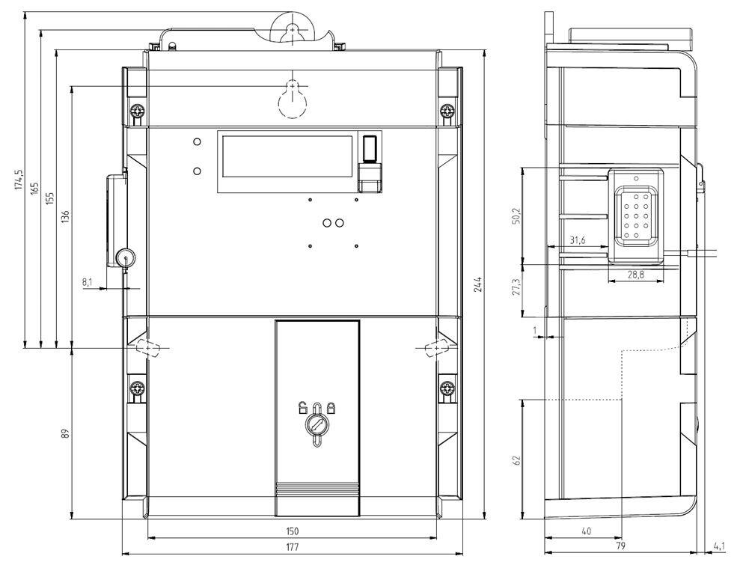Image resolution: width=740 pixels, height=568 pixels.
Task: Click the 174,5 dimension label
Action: (x=19, y=180)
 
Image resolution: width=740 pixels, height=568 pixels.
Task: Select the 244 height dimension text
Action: (x=478, y=284)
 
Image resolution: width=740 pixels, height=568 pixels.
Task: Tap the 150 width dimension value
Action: (x=292, y=531)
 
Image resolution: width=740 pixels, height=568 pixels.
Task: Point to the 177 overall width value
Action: (x=292, y=547)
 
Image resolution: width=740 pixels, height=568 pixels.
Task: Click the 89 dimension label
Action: (x=66, y=433)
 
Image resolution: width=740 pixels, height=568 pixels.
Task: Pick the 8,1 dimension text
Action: (x=88, y=282)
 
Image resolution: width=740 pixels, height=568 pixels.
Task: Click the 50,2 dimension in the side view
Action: (x=516, y=216)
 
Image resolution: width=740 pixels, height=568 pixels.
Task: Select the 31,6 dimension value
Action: (x=577, y=240)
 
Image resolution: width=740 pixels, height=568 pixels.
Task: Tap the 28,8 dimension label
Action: (x=636, y=274)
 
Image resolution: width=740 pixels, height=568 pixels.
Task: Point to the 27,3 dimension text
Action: (x=516, y=287)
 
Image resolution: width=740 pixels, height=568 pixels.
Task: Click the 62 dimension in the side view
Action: (x=516, y=460)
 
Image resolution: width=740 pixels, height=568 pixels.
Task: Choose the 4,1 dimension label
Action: (x=719, y=547)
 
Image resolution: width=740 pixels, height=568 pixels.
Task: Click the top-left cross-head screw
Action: (x=138, y=112)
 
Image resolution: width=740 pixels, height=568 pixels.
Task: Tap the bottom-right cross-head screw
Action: (x=447, y=389)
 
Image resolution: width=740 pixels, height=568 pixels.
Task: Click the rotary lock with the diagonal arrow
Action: (x=317, y=424)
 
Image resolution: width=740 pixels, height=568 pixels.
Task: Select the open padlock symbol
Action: (x=303, y=407)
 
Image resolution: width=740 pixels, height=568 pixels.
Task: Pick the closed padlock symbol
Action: (x=331, y=407)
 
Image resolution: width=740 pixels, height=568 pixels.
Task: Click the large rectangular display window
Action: (x=287, y=156)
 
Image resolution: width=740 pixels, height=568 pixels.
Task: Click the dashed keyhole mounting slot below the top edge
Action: (x=293, y=99)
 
